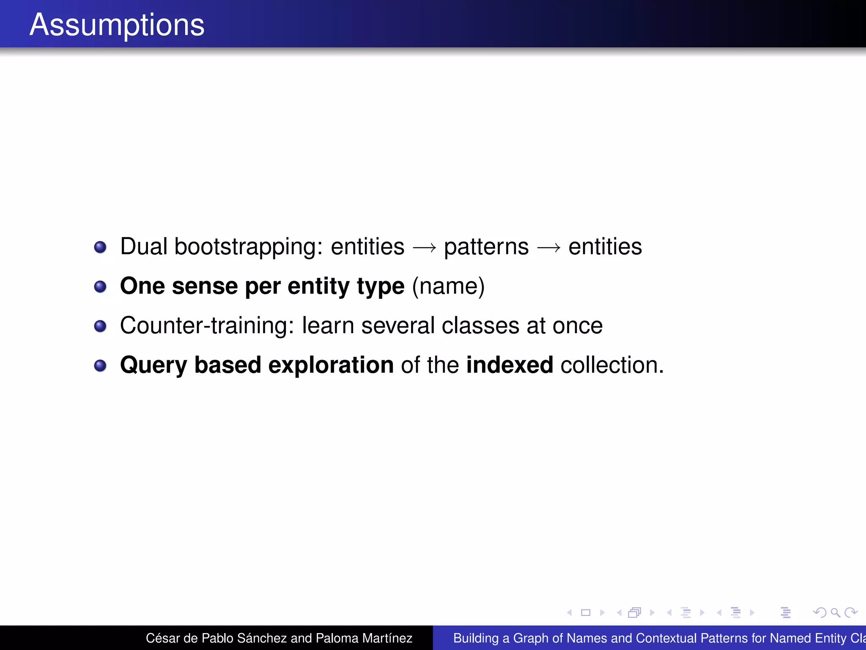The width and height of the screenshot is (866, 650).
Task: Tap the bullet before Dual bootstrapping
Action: (100, 247)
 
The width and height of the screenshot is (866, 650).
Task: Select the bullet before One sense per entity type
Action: (100, 287)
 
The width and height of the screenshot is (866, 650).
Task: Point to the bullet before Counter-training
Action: (100, 326)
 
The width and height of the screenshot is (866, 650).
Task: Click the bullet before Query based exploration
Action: (100, 366)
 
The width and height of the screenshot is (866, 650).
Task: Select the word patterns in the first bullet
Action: (486, 247)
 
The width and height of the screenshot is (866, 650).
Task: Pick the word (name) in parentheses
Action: (448, 286)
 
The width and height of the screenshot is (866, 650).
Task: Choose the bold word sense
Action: (205, 286)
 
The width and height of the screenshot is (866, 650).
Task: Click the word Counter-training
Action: (207, 325)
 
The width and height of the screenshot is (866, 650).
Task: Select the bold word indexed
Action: (510, 365)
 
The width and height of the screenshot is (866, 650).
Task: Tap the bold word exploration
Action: (331, 366)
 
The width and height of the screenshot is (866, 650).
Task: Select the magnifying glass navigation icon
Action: (835, 612)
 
